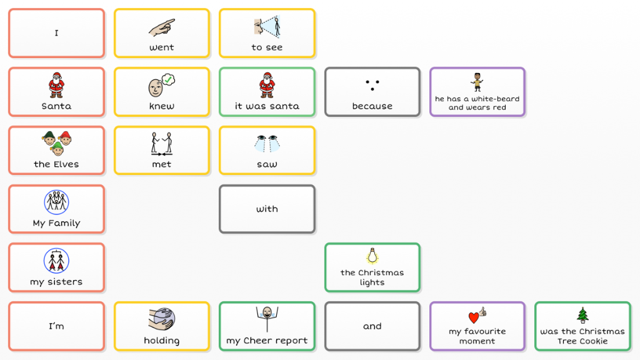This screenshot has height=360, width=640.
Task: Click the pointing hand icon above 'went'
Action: [162, 27]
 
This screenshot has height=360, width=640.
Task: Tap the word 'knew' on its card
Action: [162, 106]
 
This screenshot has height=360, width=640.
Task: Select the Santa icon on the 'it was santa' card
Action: [267, 85]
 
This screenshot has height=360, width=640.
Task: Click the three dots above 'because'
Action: [372, 85]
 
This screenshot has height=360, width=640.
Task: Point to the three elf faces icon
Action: [56, 143]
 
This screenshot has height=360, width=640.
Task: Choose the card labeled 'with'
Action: [267, 209]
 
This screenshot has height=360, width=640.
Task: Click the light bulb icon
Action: [372, 256]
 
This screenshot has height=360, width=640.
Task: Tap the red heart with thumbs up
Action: [477, 316]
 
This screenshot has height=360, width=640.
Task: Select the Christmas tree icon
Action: [582, 315]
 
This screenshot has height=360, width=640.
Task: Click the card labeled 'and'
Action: [372, 326]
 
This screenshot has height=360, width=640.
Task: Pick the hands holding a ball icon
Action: [162, 318]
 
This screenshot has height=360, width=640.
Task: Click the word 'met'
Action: [162, 164]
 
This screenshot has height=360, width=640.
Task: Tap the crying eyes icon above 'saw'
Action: [267, 144]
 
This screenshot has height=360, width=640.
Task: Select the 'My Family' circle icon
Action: [56, 202]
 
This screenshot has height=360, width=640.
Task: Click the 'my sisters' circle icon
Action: [56, 261]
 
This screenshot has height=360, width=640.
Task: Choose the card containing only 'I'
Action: [56, 33]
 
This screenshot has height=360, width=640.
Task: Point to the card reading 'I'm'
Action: [56, 326]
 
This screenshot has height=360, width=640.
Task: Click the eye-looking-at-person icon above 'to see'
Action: [267, 27]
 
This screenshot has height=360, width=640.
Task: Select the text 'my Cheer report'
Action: [267, 341]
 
